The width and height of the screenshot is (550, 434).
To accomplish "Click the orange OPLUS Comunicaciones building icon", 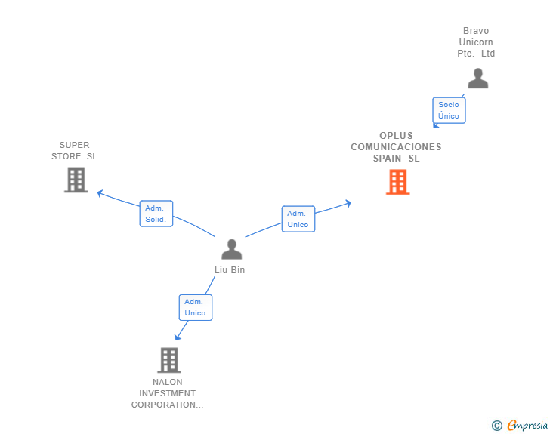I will click(x=397, y=182).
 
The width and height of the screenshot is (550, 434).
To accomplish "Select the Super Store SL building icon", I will click(x=76, y=180).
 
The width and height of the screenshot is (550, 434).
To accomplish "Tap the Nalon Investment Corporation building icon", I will click(x=169, y=360).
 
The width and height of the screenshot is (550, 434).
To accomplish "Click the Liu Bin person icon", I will click(x=232, y=249).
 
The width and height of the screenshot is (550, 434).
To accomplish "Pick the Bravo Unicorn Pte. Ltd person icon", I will click(x=477, y=78).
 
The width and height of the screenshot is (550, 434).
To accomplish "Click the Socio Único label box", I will click(x=449, y=110).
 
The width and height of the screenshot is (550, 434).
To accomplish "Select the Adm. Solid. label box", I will click(x=156, y=214).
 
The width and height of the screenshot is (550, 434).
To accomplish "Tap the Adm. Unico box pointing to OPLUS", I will click(x=298, y=219).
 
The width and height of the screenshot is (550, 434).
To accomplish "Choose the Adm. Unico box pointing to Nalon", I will click(x=195, y=307).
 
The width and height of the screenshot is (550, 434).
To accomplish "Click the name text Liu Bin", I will click(x=230, y=270).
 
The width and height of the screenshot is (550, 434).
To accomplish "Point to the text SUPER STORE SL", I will click(x=74, y=151).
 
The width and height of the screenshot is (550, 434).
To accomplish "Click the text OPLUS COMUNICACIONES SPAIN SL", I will click(x=396, y=147).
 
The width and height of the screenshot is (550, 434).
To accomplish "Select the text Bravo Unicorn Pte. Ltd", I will click(x=476, y=42).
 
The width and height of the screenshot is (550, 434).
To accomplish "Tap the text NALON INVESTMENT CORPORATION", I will click(x=168, y=393).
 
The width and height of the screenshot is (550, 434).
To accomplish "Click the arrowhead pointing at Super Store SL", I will click(x=100, y=193).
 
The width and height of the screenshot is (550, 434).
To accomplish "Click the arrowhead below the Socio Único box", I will click(x=435, y=126).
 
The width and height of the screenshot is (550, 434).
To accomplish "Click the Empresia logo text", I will click(x=527, y=426).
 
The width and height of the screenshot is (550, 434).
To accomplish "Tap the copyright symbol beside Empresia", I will click(x=496, y=426).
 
